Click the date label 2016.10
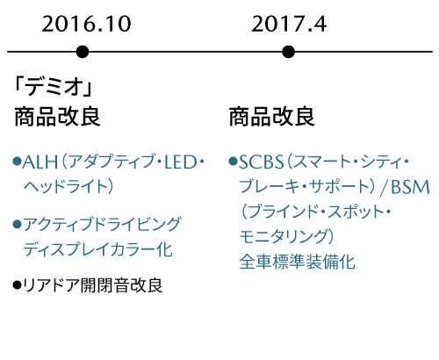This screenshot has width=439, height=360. (x=86, y=24)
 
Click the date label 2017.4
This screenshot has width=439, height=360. (x=289, y=24)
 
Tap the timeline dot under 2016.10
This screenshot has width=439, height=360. (x=83, y=52)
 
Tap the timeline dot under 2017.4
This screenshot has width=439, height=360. (x=289, y=52)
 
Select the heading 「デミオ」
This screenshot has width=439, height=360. (x=54, y=87)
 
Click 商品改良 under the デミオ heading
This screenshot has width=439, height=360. (x=57, y=117)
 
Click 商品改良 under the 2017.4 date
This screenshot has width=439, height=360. (x=271, y=117)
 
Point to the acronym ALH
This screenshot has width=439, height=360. (x=40, y=162)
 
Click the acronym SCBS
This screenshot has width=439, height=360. (x=262, y=162)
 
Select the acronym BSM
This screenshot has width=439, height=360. (x=410, y=187)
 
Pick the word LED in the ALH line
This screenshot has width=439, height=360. (x=181, y=162)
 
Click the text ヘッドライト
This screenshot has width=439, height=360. (x=65, y=187)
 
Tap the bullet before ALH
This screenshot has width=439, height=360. (x=18, y=162)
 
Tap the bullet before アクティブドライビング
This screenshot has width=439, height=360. (x=18, y=225)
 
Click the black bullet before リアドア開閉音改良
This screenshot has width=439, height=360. (x=18, y=284)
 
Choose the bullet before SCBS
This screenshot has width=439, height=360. (x=234, y=162)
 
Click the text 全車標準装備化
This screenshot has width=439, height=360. (x=298, y=262)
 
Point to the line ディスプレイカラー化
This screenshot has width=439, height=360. (x=98, y=249)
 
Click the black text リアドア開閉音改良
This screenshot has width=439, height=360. (x=93, y=285)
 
